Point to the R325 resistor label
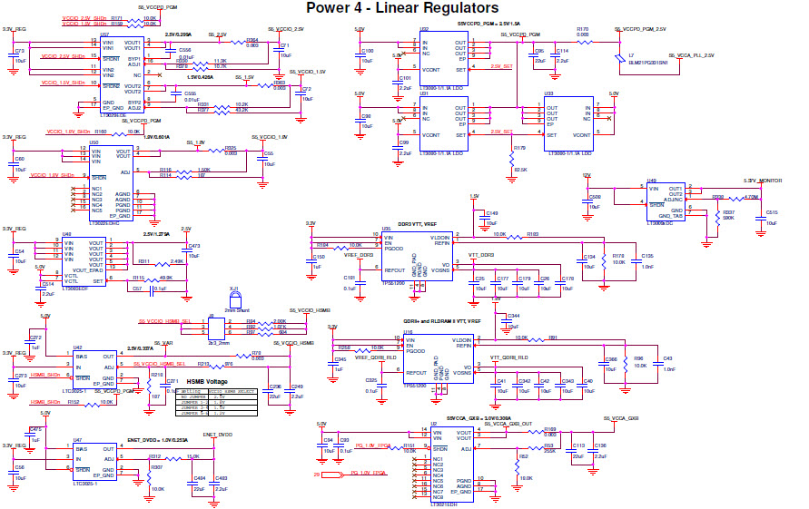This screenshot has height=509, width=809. [231, 147]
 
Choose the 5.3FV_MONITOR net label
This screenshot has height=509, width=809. [763, 181]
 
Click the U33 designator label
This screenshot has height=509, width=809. [548, 93]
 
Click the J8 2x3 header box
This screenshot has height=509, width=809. [217, 326]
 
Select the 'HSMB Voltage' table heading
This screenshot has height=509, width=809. [206, 381]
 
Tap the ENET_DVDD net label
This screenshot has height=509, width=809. [218, 435]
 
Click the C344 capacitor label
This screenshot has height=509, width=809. [513, 315]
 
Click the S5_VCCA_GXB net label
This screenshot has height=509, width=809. [621, 417]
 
